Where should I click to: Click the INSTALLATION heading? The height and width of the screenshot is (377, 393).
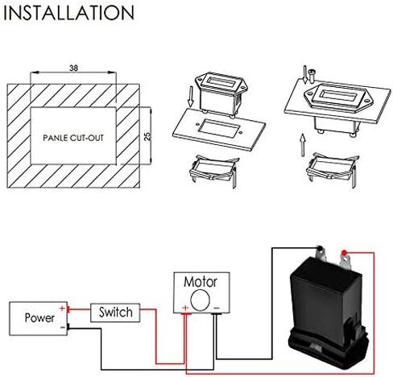68,13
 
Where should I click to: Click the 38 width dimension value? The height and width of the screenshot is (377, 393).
73,68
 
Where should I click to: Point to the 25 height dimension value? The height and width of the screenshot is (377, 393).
147,136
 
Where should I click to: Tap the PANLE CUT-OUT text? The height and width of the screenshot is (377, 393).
73,138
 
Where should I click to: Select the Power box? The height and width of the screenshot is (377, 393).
39,318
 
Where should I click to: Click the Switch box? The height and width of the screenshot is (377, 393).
115,313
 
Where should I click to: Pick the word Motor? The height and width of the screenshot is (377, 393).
201,282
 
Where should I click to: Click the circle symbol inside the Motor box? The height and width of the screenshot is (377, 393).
200,300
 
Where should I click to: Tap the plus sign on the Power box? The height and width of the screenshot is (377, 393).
62,309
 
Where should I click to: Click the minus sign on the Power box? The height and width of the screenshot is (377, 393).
63,327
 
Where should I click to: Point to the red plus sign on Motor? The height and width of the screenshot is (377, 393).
185,308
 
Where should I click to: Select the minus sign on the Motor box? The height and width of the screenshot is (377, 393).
217,308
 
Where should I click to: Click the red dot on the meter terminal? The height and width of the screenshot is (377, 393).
344,252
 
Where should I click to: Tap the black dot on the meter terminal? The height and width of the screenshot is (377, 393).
320,248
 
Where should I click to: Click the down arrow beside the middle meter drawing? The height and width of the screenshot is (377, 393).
191,97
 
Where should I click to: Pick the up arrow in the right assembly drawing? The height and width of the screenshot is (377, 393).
303,145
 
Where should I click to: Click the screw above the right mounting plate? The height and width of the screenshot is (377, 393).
312,76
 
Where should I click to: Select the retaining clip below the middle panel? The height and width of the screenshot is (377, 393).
213,170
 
